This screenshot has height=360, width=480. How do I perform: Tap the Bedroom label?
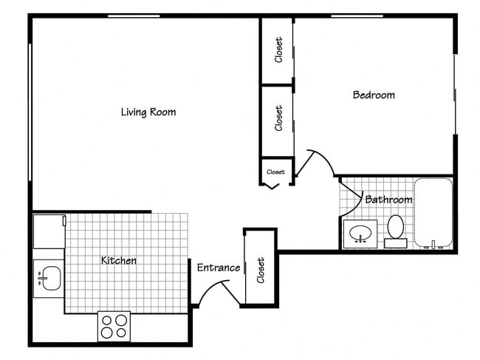(x=373, y=95)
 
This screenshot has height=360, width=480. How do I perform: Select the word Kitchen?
(x=119, y=260)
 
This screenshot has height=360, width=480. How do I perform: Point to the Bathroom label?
(x=388, y=200)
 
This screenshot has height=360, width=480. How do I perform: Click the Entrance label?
(x=218, y=268)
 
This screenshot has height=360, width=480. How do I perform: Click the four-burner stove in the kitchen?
(x=114, y=326)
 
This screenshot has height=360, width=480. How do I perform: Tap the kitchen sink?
(x=49, y=278)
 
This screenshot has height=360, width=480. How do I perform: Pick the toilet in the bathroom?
(x=396, y=229)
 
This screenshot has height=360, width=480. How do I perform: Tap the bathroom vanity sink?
(x=360, y=234)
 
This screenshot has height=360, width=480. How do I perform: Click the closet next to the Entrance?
(x=260, y=269)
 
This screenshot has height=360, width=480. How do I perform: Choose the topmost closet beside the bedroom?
(x=278, y=50)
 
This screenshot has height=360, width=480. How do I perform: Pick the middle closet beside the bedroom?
(x=278, y=118)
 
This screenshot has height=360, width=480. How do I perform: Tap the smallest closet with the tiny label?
(x=275, y=172)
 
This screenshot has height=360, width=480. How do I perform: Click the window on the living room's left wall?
(x=30, y=111)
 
